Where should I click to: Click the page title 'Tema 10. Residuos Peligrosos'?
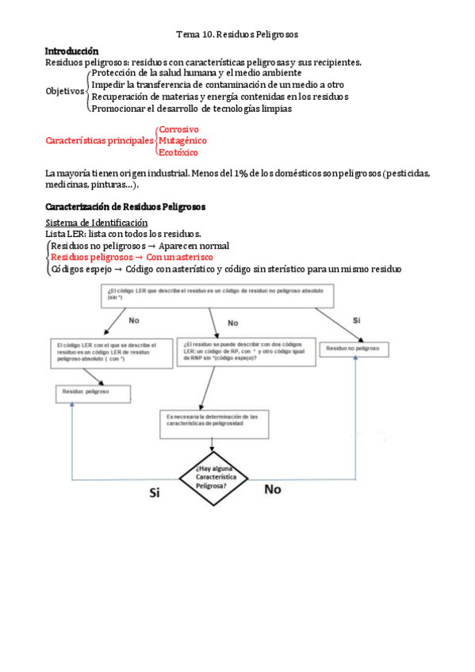point(236,35)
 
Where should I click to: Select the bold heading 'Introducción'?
point(72,51)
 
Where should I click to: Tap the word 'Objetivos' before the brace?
point(64,91)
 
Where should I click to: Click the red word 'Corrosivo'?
point(178,129)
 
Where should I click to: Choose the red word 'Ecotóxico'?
point(178,152)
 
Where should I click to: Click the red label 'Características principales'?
point(98,141)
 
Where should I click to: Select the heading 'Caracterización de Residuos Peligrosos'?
point(125,207)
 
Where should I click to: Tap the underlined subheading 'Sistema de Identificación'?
point(97,223)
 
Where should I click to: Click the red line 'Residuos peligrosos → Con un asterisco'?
point(132,258)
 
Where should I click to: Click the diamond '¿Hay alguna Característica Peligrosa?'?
point(211,477)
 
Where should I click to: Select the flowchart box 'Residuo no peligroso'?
point(355,349)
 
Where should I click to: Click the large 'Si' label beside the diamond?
point(155,492)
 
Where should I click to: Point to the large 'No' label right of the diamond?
point(272,490)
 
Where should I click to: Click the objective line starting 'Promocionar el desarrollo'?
point(191,109)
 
